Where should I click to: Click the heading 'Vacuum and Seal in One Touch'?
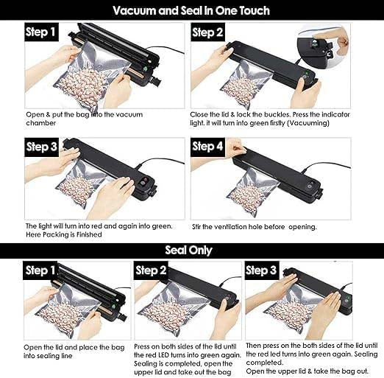coord(191,10)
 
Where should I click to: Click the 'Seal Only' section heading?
coord(191,250)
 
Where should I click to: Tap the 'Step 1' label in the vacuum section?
coord(41,32)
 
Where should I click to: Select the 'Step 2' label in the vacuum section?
coord(208,32)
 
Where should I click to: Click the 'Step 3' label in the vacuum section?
coord(41,146)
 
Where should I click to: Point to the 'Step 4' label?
coord(208,146)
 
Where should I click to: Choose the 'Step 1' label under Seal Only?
coord(41,270)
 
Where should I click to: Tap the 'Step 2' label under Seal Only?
coord(152,270)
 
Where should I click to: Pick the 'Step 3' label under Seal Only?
coord(262,270)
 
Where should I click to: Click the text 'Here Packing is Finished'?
coord(64,234)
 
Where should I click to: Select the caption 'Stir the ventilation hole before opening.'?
coord(254,226)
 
